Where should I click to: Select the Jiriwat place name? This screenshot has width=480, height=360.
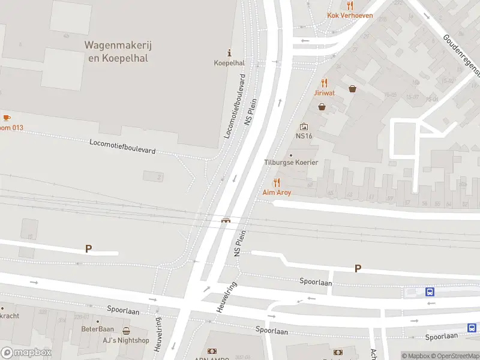[x=324, y=93]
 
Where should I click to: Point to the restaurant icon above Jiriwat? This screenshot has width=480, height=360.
[x=324, y=83]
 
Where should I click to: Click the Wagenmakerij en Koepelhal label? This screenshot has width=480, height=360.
[x=116, y=52]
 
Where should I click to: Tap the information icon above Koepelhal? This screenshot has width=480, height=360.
[x=228, y=53]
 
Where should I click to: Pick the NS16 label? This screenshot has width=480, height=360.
[x=304, y=136]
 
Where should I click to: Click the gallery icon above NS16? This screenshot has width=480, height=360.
[x=304, y=127]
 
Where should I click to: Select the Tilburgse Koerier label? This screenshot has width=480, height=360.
[x=291, y=163]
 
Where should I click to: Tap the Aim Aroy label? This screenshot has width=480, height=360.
[x=277, y=193]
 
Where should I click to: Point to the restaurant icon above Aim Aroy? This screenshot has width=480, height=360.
[x=277, y=182]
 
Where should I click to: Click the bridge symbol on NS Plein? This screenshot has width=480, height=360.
[x=226, y=220]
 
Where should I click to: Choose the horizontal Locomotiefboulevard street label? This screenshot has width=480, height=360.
[x=122, y=146]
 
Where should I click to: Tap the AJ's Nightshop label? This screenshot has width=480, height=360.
[x=126, y=340]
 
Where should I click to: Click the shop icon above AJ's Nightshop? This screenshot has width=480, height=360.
[x=126, y=331]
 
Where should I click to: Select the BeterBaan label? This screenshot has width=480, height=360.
[x=97, y=329]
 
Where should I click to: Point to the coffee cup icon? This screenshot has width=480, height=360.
[x=7, y=118]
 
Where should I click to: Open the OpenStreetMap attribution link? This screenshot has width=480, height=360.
[x=455, y=356]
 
